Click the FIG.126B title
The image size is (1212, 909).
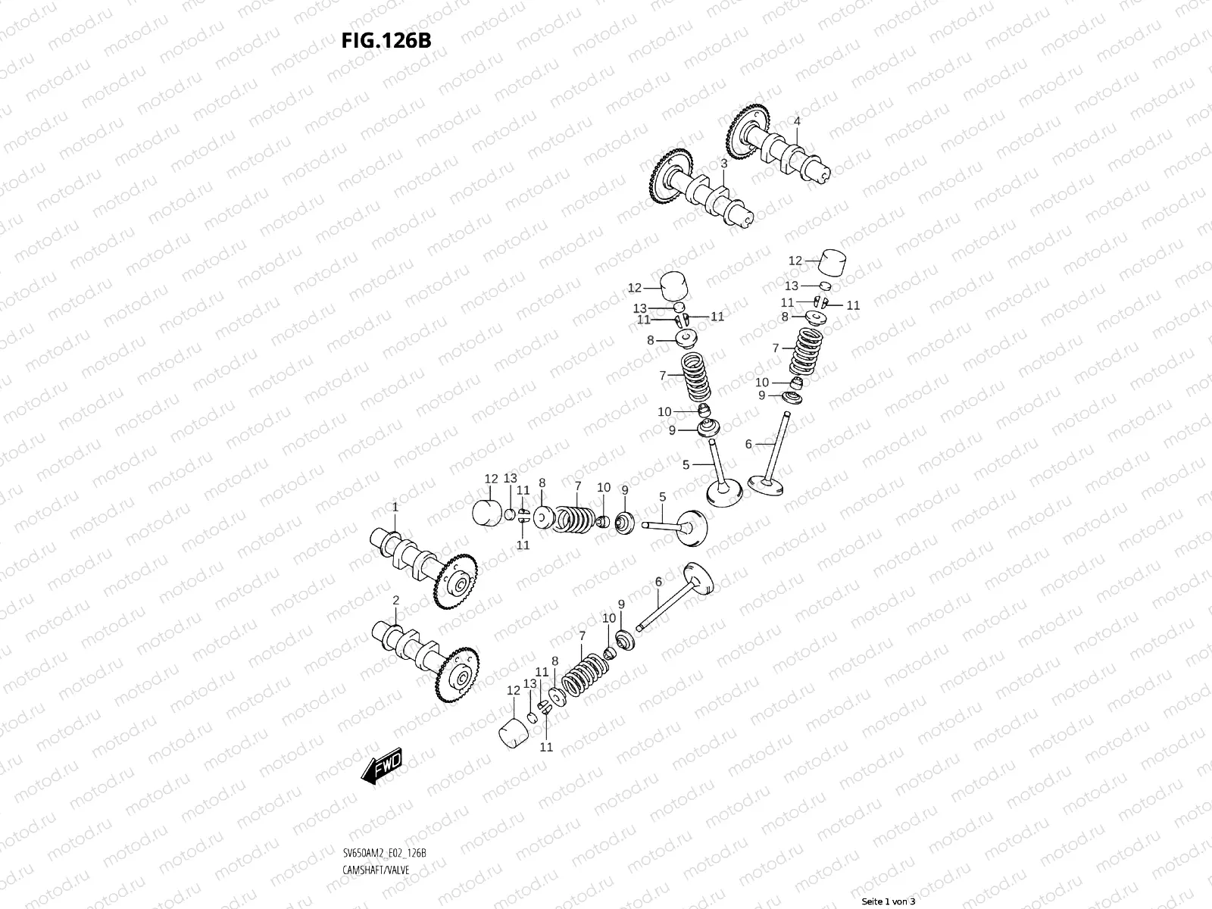[x=386, y=40]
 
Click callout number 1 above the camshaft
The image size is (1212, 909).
[x=395, y=506]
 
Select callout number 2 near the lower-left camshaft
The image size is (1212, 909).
[x=395, y=600]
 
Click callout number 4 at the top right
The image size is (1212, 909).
[x=797, y=121]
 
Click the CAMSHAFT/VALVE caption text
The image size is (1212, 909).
[x=376, y=870]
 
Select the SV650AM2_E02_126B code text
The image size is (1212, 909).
[x=384, y=853]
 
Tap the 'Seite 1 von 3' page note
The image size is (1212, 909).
[x=889, y=901]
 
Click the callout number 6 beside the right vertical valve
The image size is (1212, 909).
[x=748, y=444]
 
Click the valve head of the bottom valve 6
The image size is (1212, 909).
[x=699, y=580]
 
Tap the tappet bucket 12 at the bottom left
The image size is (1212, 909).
[x=515, y=732]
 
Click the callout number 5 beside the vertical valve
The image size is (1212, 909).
[x=686, y=464]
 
